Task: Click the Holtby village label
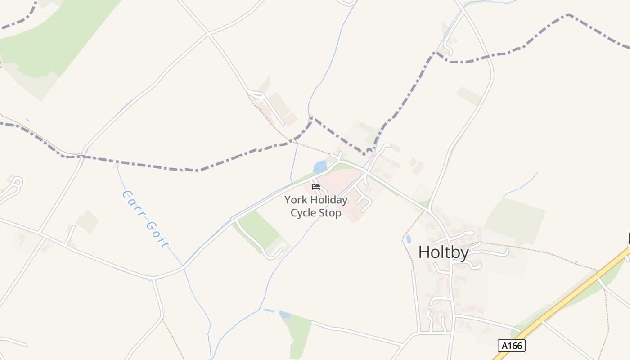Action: [x=443, y=252]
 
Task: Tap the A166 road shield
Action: [x=512, y=346]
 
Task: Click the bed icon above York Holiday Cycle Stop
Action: [x=316, y=186]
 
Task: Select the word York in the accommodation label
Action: [x=295, y=200]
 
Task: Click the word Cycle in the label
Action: [x=303, y=213]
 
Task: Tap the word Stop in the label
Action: [x=331, y=213]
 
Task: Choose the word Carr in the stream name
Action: [x=134, y=203]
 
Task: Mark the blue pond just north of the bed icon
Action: [x=320, y=167]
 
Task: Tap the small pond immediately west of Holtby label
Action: [x=409, y=239]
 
